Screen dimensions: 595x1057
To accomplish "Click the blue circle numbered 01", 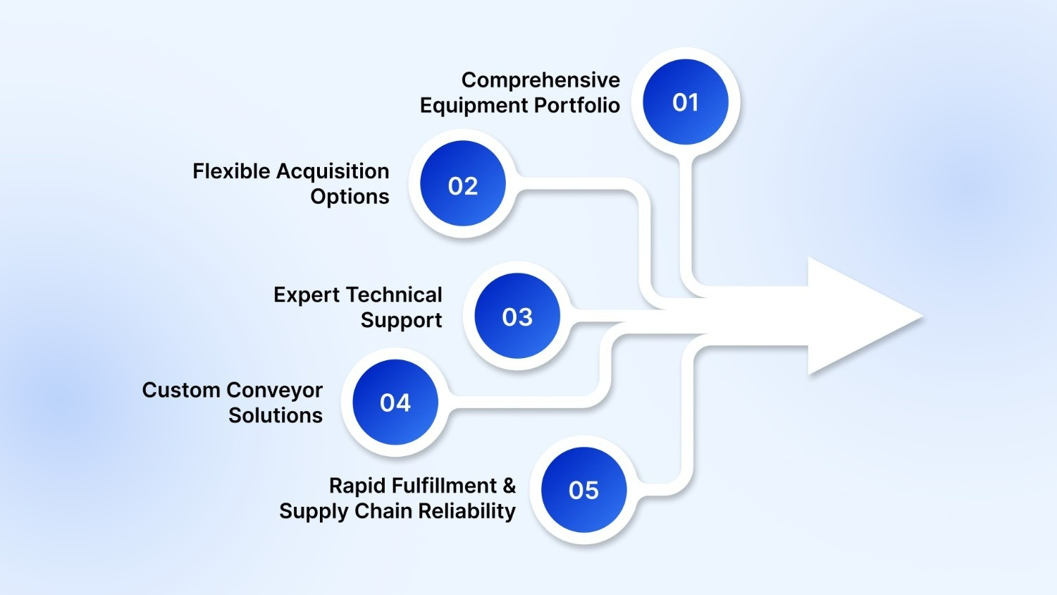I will point(685,102).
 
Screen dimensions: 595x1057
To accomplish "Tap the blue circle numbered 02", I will point(463,185).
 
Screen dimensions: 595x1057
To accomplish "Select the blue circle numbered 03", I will point(517,317).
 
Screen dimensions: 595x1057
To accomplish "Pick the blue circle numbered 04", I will point(395,402).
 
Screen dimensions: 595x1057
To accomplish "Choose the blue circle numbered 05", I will point(583,490).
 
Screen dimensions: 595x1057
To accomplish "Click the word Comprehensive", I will point(540,80).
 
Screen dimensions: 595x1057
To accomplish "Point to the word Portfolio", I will point(576,105).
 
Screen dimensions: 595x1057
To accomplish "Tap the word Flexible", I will point(231,171).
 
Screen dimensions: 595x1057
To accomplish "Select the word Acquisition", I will point(333,171).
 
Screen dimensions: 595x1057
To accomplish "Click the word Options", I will point(350,197).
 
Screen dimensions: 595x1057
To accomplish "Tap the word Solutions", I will point(276,415).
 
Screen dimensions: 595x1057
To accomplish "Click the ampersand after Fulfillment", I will point(509,486).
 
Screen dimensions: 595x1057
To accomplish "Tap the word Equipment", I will point(474,106).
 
